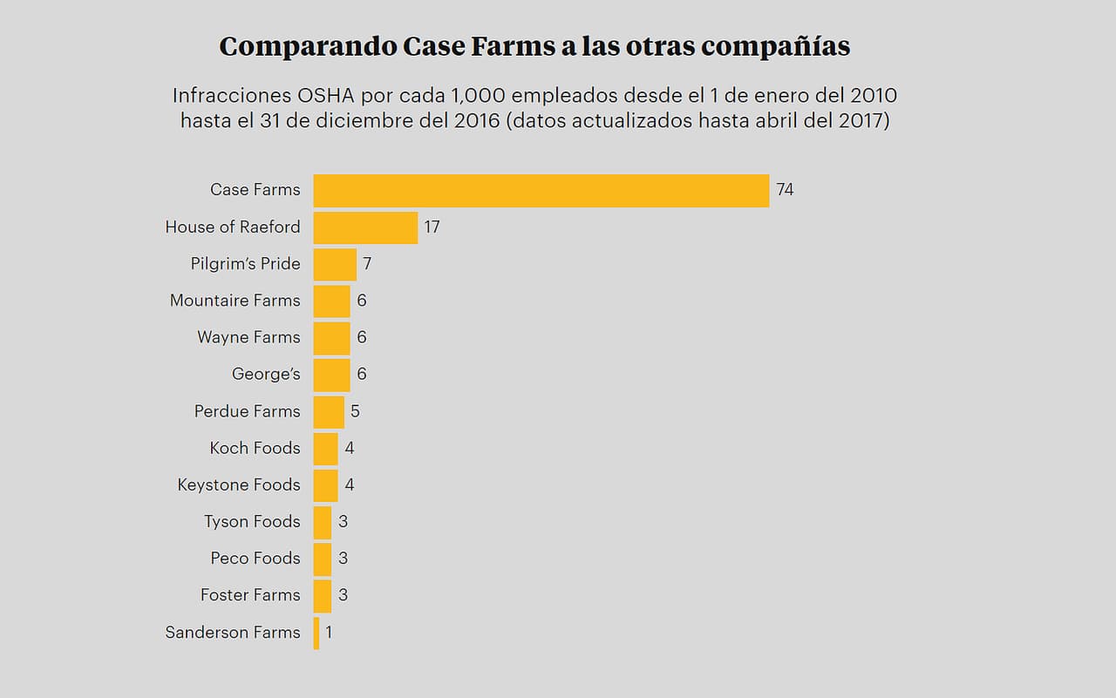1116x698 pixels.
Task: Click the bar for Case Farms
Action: (x=541, y=190)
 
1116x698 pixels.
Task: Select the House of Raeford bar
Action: (x=365, y=227)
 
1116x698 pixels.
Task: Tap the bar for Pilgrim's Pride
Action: (x=335, y=264)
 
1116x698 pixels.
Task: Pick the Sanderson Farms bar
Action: (x=316, y=633)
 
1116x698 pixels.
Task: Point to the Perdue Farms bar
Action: (x=329, y=411)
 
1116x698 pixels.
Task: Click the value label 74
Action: (x=785, y=190)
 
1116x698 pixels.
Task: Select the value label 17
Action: (x=432, y=227)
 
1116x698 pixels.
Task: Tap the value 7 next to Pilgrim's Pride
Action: (x=367, y=264)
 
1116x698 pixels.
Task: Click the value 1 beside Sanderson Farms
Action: (x=329, y=633)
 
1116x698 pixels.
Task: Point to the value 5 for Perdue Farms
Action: (x=355, y=411)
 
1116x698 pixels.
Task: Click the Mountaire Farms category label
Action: (x=235, y=301)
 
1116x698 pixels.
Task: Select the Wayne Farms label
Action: (x=248, y=337)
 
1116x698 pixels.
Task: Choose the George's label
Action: (x=266, y=375)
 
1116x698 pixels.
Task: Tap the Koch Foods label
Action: (x=255, y=448)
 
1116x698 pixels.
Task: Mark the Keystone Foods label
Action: (x=239, y=485)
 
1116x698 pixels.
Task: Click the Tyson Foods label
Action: (x=252, y=522)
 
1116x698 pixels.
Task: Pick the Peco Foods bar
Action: (x=323, y=559)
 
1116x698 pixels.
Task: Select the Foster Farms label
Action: (x=250, y=595)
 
